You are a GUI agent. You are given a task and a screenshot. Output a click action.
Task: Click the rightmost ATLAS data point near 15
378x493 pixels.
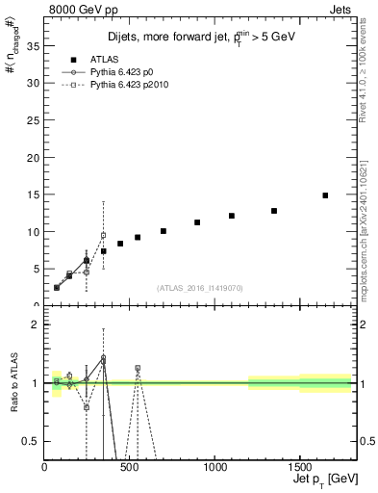click(325, 195)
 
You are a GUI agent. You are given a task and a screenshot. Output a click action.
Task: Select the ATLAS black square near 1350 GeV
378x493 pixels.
click(274, 211)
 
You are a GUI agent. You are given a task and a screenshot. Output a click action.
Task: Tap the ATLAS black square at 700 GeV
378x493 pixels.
click(164, 231)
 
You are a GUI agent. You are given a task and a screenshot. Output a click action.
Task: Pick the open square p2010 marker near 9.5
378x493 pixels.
click(103, 235)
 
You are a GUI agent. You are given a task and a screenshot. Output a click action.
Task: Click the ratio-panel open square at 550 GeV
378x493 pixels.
click(138, 368)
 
